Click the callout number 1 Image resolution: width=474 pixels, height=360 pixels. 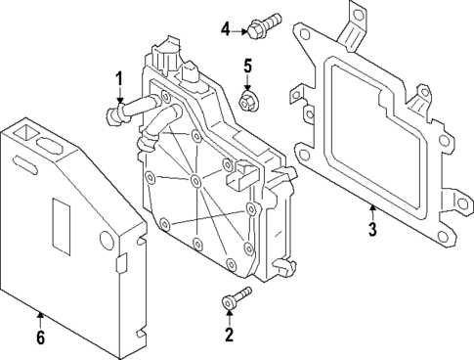pos(119,78)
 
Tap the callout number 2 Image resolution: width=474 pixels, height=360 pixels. pos(230,336)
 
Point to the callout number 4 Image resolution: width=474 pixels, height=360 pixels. pos(226,29)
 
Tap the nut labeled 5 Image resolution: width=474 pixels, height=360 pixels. pos(248,101)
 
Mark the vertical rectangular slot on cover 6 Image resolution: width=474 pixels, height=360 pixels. pos(59,214)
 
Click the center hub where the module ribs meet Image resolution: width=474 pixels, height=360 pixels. pos(196,183)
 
